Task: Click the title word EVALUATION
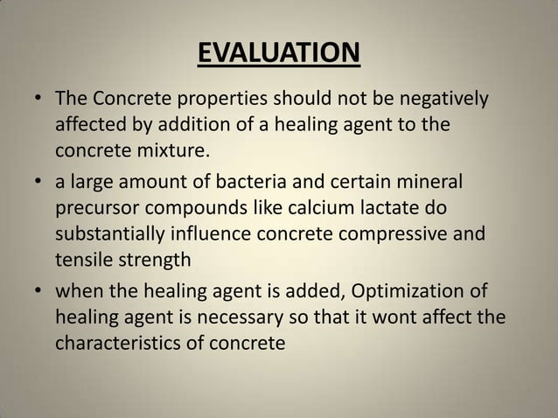[278, 53]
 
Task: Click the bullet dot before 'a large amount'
[39, 184]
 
